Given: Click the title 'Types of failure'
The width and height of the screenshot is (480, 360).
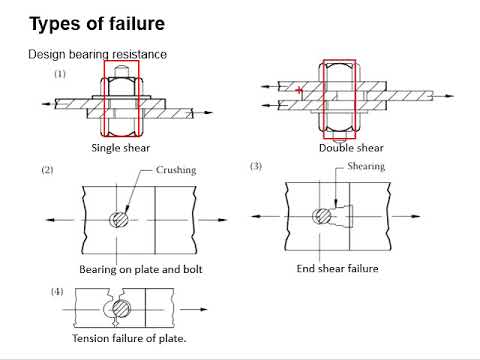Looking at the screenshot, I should (x=97, y=22).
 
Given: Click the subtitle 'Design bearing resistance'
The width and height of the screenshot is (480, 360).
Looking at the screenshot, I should (x=97, y=54).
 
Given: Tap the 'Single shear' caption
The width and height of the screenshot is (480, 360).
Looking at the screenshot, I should (x=120, y=148).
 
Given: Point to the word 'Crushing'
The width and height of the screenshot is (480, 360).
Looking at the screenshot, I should (x=175, y=171).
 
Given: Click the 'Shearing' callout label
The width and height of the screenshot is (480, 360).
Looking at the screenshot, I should (x=365, y=167).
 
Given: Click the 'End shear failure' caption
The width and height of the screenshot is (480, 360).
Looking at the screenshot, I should (x=338, y=269).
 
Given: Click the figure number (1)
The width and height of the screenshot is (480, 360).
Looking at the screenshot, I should (x=60, y=75).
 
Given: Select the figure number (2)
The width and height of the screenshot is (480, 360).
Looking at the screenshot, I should (x=47, y=171).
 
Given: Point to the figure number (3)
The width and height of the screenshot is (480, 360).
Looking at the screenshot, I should (x=255, y=166).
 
